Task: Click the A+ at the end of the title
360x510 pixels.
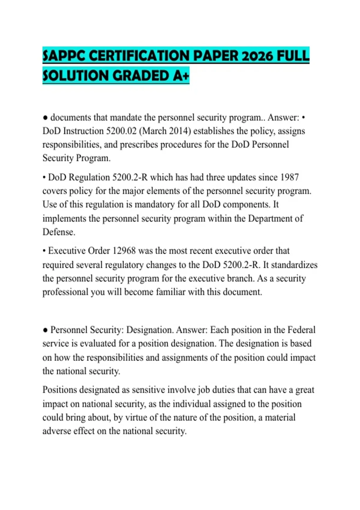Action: point(181,76)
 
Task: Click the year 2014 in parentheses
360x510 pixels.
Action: point(179,131)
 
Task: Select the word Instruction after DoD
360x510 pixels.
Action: point(84,131)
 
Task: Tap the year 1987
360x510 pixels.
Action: point(289,177)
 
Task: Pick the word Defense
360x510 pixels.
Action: point(59,232)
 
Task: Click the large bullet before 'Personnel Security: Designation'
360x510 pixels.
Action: point(45,330)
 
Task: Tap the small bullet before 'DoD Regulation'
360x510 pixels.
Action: point(44,178)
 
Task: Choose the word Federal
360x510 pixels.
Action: point(301,330)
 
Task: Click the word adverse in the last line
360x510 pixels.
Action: point(57,431)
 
